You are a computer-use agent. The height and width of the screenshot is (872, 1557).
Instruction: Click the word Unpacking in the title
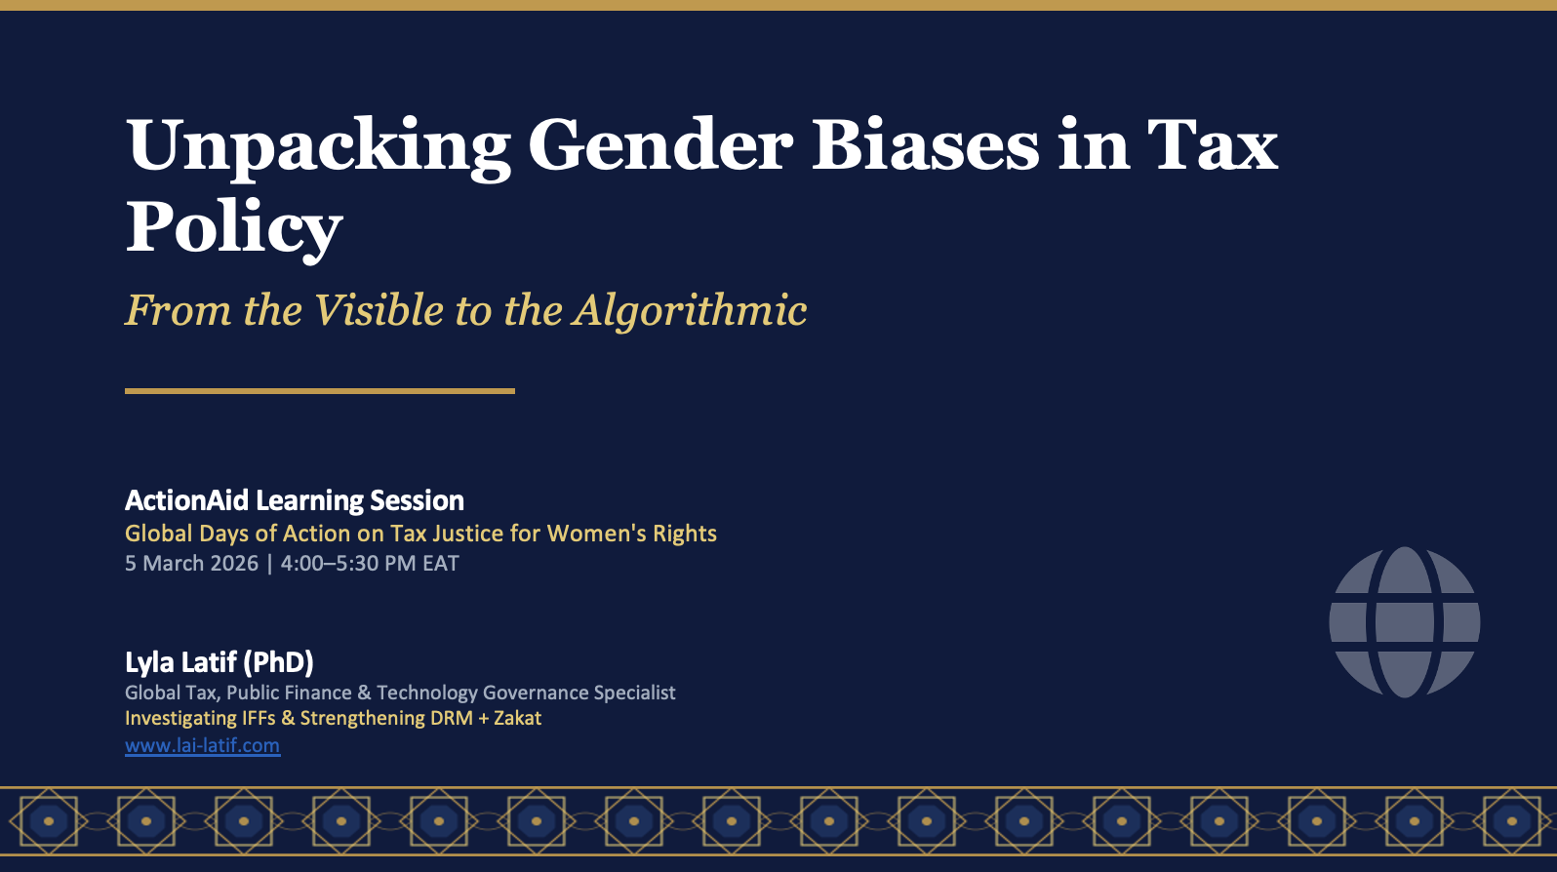(318, 148)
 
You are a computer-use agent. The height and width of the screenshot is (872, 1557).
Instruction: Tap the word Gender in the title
(660, 145)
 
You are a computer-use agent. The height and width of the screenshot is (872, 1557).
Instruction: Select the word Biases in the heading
(925, 145)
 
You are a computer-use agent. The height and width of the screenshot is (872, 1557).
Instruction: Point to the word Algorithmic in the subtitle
(690, 310)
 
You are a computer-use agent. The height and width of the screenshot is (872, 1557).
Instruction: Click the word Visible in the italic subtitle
(379, 309)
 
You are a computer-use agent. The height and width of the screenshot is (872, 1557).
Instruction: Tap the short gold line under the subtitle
(320, 391)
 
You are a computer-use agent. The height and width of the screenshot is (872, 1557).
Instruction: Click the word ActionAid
(187, 500)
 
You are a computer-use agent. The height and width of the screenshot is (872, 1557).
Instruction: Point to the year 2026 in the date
(234, 563)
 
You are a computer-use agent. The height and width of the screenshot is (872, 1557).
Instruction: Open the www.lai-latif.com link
(203, 745)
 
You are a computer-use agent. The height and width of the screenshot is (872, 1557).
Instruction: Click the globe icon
(1405, 622)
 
